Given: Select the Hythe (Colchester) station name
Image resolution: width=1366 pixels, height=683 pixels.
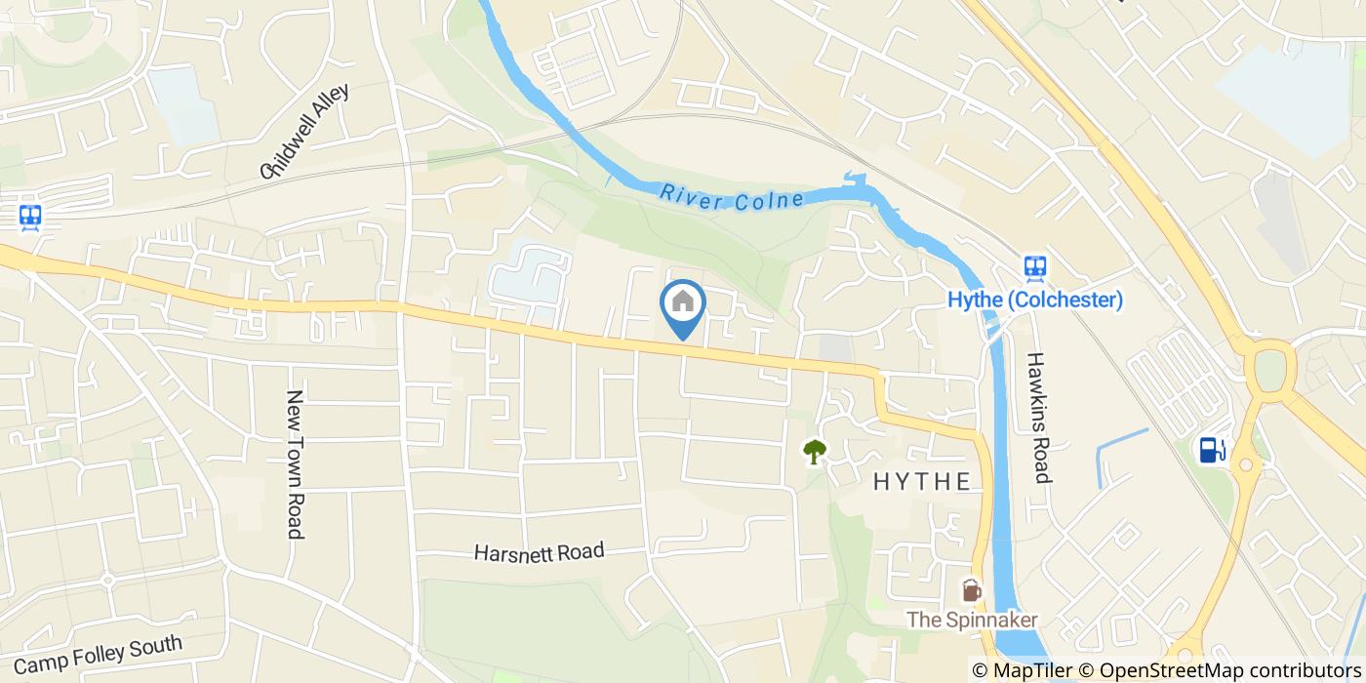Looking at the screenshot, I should click(x=1035, y=300).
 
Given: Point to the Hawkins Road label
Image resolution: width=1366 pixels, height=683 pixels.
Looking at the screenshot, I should click(x=1038, y=418).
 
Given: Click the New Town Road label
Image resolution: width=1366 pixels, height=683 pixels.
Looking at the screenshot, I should click(x=295, y=464).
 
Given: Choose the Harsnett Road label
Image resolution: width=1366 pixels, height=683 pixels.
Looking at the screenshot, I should click(x=539, y=552).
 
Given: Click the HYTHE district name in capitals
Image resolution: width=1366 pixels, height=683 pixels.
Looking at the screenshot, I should click(x=922, y=481).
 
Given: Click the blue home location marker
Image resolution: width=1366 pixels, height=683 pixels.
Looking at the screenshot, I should click(x=683, y=303).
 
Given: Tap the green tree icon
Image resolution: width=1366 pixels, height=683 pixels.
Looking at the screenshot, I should click(x=814, y=451).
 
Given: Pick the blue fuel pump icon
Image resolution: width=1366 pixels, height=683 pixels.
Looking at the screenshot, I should click(x=1213, y=449).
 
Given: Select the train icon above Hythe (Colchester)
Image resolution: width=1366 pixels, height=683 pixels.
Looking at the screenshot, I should click(x=1034, y=266).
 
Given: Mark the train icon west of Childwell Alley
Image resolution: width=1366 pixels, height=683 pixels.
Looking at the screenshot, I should click(x=29, y=217).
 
